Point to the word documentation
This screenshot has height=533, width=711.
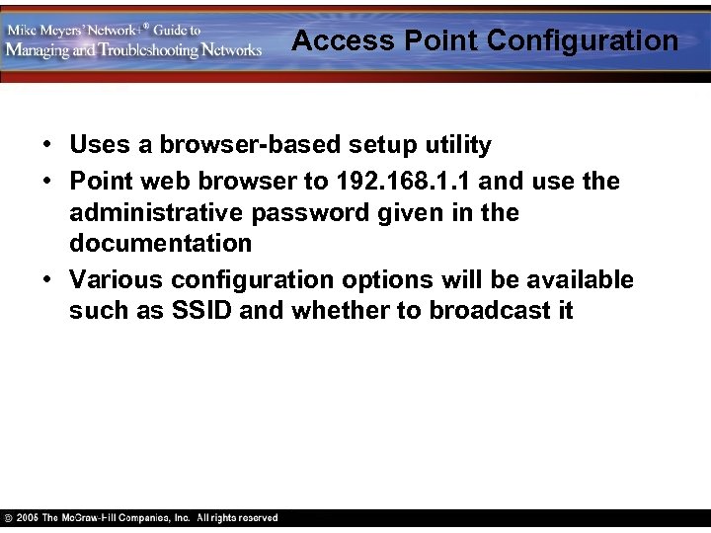coord(161,243)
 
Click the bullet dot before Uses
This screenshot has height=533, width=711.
coord(47,146)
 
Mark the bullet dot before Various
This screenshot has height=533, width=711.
coord(47,280)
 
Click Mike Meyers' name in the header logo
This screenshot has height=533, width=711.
coord(45,30)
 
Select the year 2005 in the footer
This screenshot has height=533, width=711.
coord(28,518)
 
